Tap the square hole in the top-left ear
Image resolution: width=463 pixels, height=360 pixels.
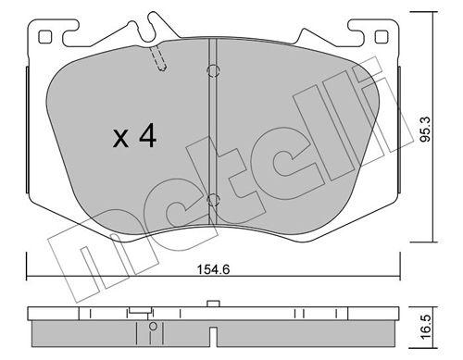(x=45, y=38)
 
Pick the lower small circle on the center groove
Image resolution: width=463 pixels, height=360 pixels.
(x=212, y=199)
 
